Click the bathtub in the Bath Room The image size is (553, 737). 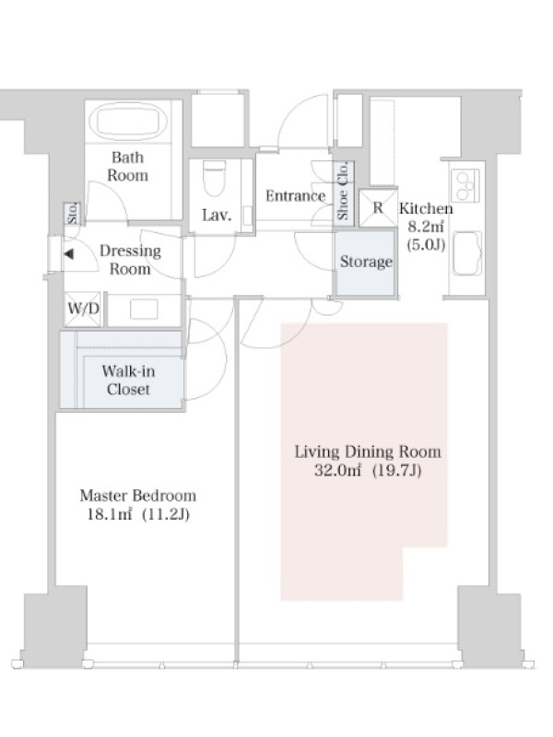[x=128, y=121]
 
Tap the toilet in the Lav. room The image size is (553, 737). [x=215, y=178]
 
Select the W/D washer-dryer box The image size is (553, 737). [x=83, y=309]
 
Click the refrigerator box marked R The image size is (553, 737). [x=378, y=208]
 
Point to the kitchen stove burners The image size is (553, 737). [x=465, y=186]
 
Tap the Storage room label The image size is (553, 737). [x=366, y=262]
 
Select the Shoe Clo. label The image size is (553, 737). [x=343, y=191]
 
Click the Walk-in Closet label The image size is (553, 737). [x=128, y=380]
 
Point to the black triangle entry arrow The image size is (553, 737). [x=69, y=254]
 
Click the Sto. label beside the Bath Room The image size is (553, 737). [x=73, y=214]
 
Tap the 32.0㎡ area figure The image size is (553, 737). [x=337, y=471]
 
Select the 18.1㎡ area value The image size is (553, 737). [x=109, y=514]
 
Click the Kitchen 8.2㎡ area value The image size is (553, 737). [x=426, y=227]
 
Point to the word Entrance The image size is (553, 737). [x=295, y=195]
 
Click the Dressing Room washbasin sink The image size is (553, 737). [x=144, y=309]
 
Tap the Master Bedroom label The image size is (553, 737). [x=137, y=496]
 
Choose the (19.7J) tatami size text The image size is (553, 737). [x=396, y=471]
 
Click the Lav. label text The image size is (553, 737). [x=217, y=216]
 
